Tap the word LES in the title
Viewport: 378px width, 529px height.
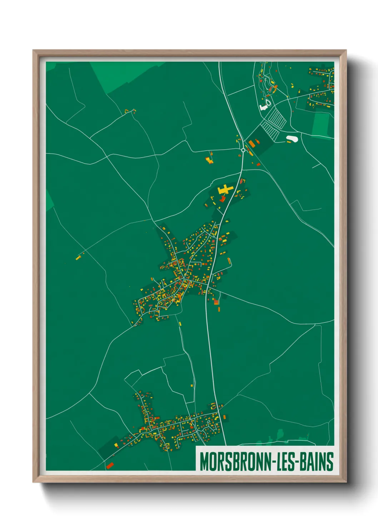pos(286,461)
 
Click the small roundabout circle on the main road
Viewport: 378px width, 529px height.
pos(243,150)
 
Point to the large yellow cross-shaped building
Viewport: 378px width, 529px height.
pos(225,189)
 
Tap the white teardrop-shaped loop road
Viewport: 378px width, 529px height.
pos(268,102)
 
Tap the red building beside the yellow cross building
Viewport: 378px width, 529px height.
pos(222,198)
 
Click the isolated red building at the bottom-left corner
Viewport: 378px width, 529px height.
pos(110,465)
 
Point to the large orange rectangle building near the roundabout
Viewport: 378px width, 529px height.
pos(252,144)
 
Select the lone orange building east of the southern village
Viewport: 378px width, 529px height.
pos(224,417)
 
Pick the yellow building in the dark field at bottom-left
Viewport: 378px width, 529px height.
pos(116,445)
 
